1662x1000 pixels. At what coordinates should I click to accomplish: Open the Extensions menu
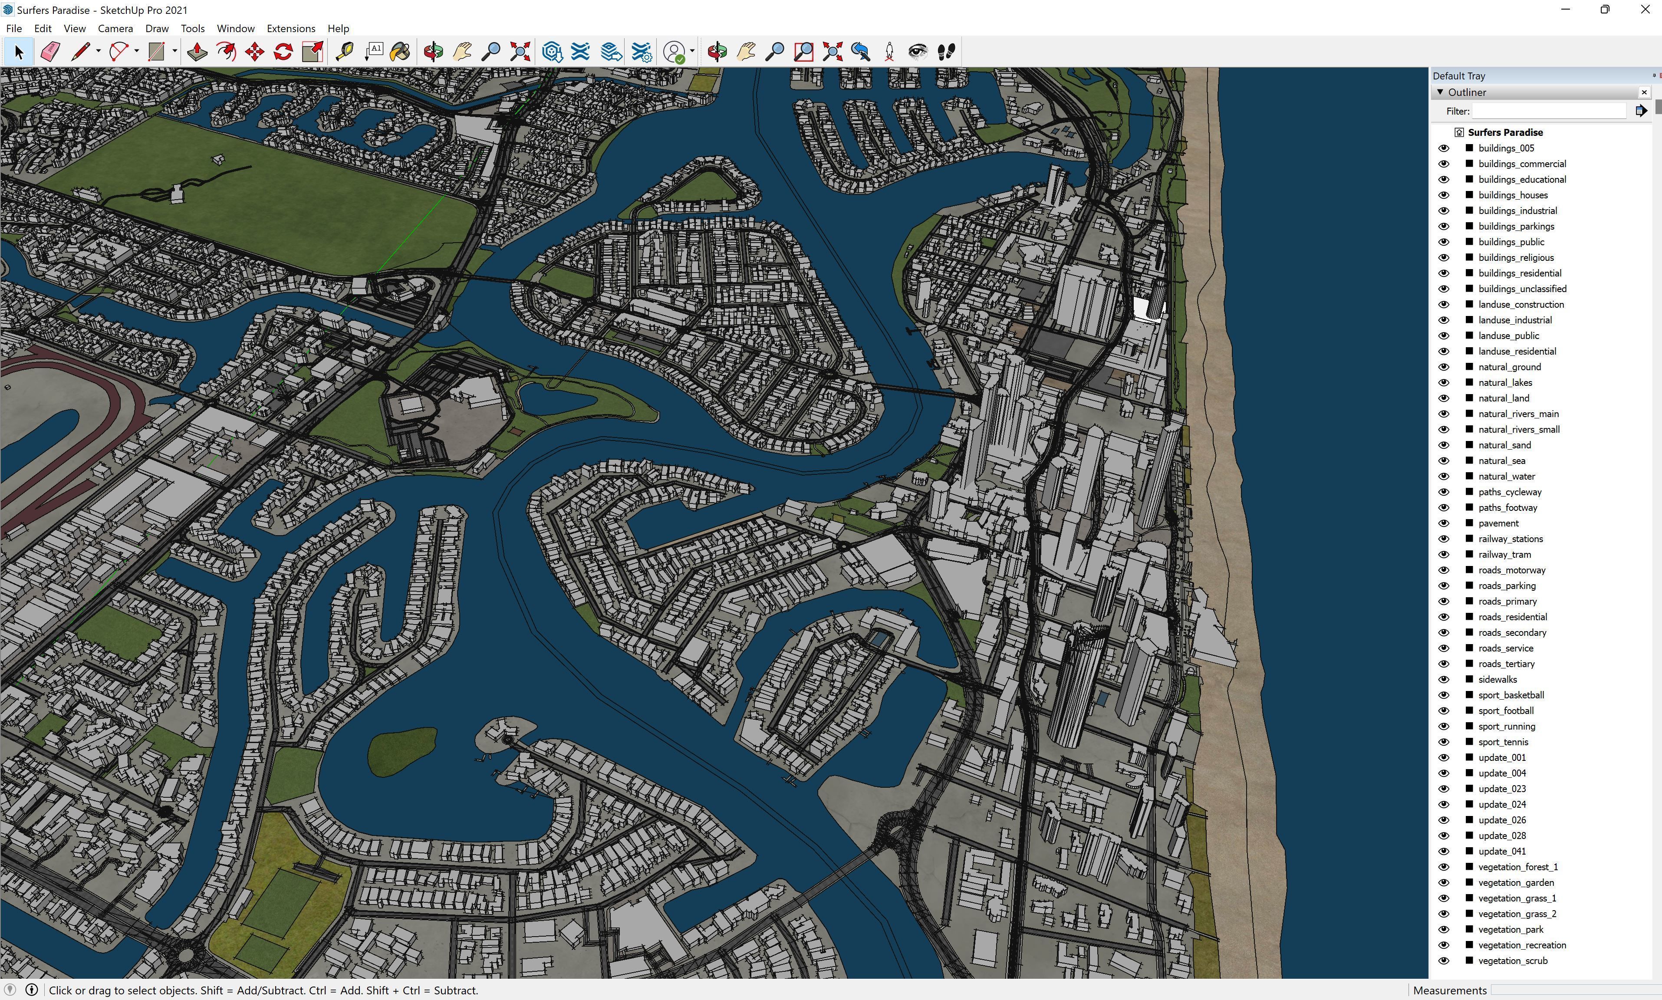point(290,28)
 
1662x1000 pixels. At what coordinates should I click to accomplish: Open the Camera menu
point(115,28)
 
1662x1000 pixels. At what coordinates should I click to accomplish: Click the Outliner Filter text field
point(1549,111)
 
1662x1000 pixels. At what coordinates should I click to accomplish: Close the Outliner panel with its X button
point(1644,92)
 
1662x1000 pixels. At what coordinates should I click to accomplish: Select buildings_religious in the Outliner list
point(1516,257)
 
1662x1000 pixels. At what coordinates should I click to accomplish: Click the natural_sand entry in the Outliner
point(1504,445)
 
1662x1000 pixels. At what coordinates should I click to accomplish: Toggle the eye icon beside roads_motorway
point(1443,570)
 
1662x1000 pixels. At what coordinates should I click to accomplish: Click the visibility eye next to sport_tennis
point(1443,742)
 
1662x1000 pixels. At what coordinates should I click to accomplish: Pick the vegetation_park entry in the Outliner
point(1511,929)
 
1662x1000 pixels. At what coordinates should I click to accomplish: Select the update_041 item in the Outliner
point(1502,851)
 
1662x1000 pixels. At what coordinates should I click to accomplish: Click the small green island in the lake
point(403,751)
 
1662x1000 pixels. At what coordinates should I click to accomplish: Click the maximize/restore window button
point(1604,10)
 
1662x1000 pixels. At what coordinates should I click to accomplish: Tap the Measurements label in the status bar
point(1449,990)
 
